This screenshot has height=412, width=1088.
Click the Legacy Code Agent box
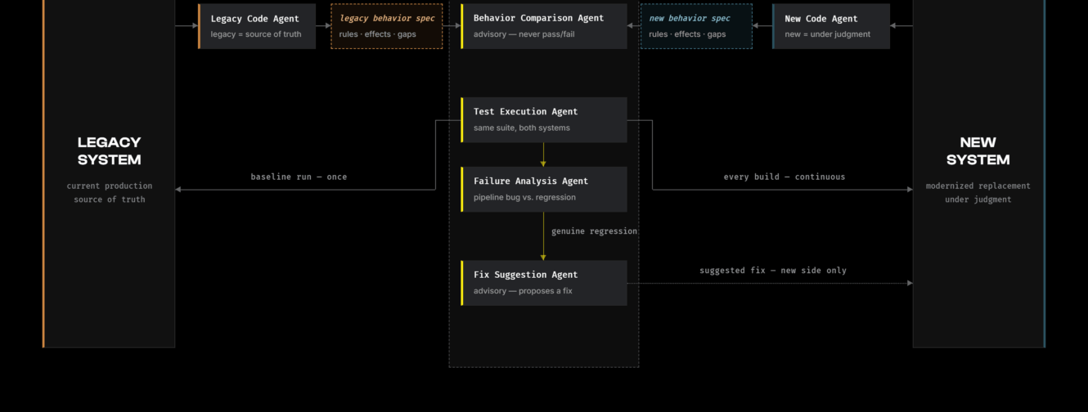click(257, 26)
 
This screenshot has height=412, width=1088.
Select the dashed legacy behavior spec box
click(387, 26)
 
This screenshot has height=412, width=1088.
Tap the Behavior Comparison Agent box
click(544, 26)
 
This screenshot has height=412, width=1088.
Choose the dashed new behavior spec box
click(696, 26)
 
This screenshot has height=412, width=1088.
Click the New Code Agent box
click(831, 26)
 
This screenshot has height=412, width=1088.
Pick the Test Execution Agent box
click(544, 120)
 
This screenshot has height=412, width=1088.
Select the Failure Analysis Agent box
click(544, 190)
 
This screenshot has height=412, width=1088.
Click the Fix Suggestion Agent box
click(544, 283)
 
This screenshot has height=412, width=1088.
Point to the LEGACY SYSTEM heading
click(110, 151)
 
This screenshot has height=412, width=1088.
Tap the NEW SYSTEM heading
click(978, 151)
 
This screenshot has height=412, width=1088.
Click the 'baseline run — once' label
click(299, 177)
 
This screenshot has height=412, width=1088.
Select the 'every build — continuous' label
click(785, 177)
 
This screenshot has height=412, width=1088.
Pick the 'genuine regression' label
click(594, 231)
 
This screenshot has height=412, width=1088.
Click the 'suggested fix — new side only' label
click(773, 271)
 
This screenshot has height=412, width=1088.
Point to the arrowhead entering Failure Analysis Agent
click(543, 164)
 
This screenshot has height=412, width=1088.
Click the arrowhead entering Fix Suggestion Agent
click(543, 257)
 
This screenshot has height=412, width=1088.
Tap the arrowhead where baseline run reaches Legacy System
click(178, 190)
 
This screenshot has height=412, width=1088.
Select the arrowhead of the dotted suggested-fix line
click(910, 283)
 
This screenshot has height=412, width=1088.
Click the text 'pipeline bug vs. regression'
click(524, 197)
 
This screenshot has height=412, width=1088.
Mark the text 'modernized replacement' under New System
click(978, 186)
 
